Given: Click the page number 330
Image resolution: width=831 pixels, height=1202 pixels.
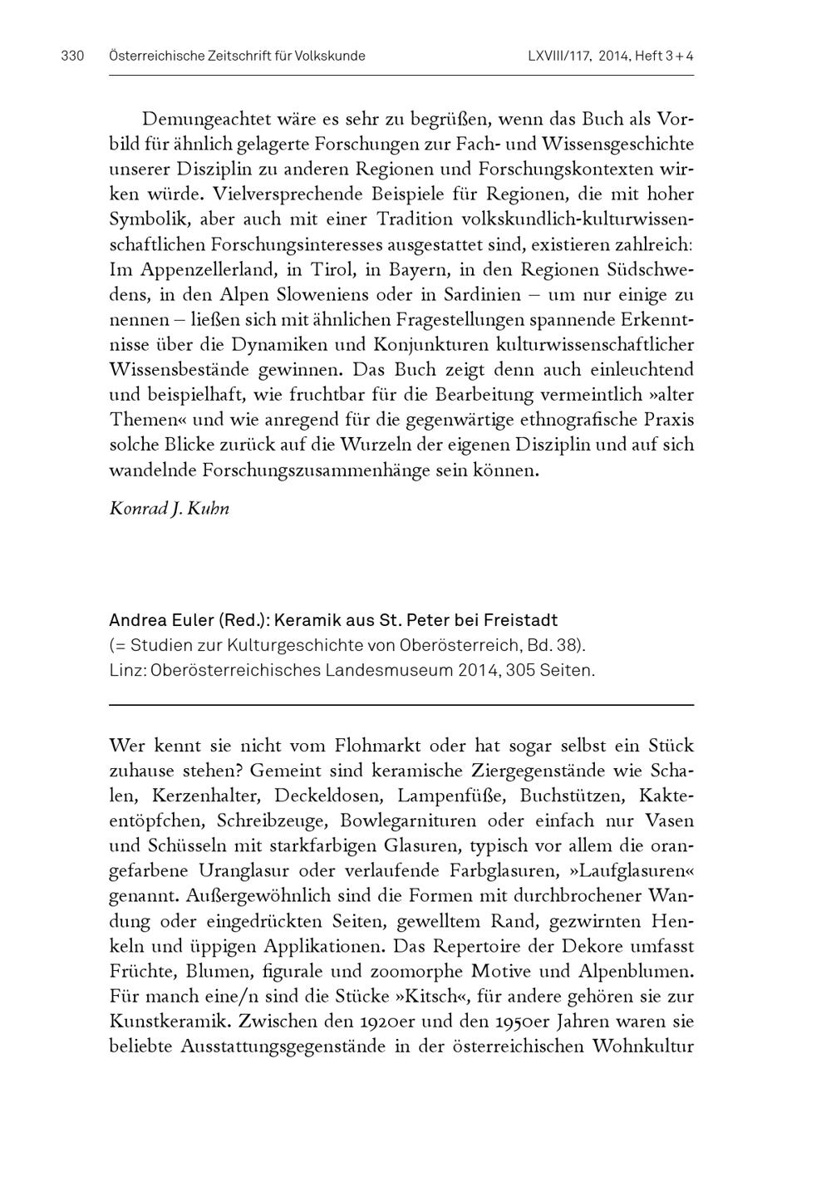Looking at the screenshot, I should pos(73,57).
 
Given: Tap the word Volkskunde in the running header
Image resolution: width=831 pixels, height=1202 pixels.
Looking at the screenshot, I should pos(326,57).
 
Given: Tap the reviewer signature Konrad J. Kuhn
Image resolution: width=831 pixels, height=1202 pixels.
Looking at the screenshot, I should pos(169,508).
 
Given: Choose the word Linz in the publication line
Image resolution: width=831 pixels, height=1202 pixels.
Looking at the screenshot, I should pos(125,670).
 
